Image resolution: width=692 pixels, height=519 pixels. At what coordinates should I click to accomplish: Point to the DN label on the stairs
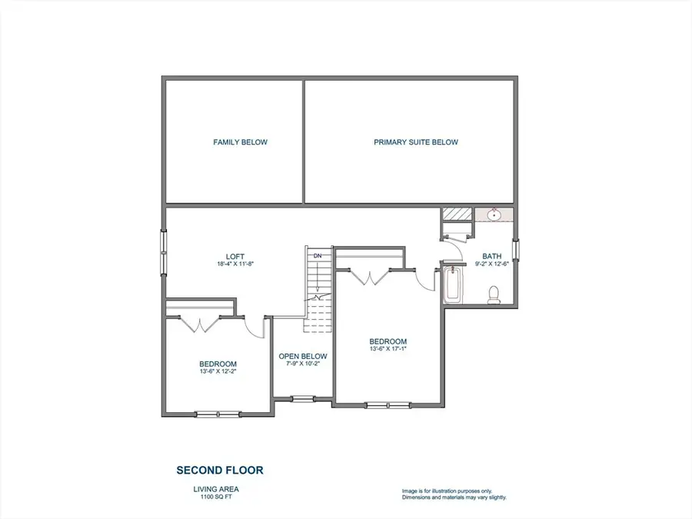point(316,255)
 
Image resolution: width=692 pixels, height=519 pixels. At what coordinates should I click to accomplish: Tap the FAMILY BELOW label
point(241,142)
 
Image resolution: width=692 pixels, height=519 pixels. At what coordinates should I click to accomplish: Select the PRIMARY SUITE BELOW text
point(415,142)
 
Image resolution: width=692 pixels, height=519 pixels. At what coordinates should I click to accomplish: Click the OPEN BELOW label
point(302,356)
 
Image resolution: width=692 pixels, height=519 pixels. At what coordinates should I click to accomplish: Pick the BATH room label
point(491,256)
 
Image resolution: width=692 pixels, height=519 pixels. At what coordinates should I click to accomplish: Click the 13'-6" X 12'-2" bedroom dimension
point(218,371)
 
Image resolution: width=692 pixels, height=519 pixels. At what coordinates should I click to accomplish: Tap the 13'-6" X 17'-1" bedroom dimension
point(388,348)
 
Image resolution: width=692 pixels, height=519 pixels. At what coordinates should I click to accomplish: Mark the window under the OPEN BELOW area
point(302,398)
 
